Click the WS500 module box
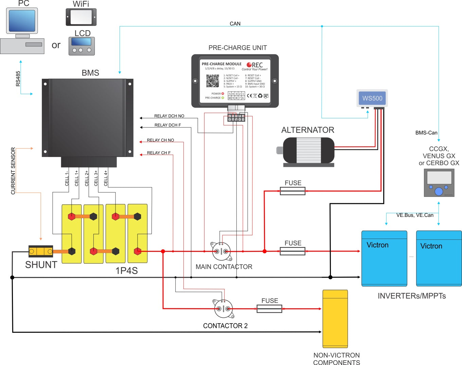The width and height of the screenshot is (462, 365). [372, 98]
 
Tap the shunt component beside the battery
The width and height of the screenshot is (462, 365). [41, 251]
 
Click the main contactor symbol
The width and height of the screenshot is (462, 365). [221, 251]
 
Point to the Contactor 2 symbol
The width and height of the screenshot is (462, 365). [223, 309]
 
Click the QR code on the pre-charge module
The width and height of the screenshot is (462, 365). [213, 81]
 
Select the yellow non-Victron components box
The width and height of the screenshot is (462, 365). [335, 318]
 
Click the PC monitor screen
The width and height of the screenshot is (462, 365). [22, 21]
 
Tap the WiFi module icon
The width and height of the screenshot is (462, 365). [81, 17]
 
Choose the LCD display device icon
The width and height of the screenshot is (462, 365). [82, 46]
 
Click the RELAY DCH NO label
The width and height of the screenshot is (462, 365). [169, 116]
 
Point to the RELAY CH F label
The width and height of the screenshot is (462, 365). [159, 153]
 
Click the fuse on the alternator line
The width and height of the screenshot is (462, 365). [292, 191]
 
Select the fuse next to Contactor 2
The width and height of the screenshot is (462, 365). [269, 309]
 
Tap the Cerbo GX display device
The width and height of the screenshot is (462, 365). [439, 183]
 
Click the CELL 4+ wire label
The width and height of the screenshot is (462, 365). [106, 178]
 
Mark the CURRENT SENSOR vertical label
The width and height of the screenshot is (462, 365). [13, 171]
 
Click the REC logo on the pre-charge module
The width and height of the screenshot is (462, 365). [255, 65]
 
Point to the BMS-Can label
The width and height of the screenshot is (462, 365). [426, 133]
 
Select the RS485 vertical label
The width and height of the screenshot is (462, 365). [18, 79]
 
